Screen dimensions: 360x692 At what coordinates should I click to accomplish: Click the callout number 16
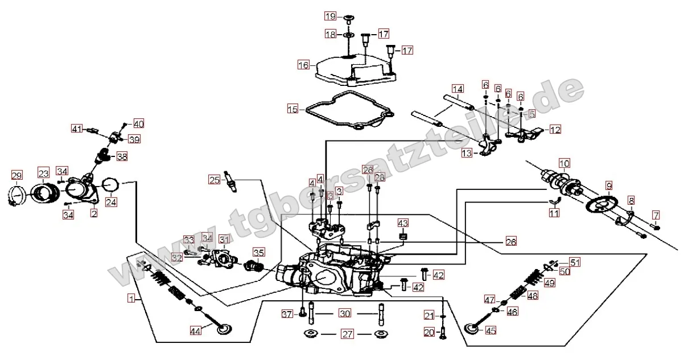coord(303,65)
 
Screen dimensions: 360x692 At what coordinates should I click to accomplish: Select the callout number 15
coord(293,108)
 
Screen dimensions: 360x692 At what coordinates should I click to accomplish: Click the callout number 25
coord(214,181)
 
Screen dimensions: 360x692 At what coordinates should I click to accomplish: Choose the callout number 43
coord(403,222)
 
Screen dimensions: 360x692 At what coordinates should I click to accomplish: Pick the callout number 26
coord(510,242)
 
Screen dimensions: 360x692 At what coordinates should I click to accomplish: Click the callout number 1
coord(131,297)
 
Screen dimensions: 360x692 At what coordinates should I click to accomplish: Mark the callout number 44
coord(195,330)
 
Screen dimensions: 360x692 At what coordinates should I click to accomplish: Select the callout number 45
coord(491,330)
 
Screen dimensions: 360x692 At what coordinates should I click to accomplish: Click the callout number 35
coord(259,252)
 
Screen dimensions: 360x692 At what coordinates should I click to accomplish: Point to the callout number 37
coord(288,314)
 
